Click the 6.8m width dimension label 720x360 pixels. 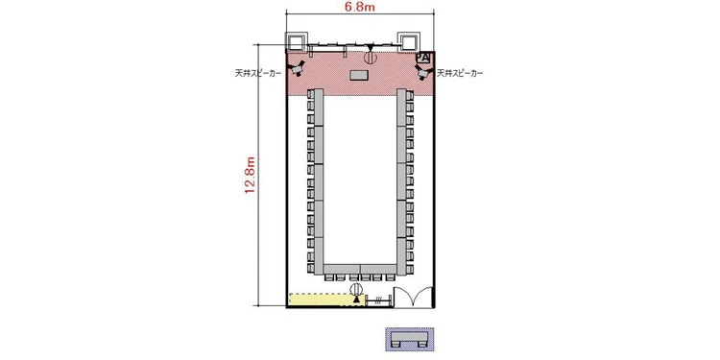coord(360,7)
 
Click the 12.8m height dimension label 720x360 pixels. coord(251,175)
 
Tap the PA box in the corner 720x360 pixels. coord(423,58)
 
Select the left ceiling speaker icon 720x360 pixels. coord(297,68)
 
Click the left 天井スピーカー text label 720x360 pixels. coord(257,73)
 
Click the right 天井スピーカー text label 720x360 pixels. coord(460,73)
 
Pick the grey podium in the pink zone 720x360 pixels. coord(359,75)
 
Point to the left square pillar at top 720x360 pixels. coord(296,42)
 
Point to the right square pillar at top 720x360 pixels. coord(407,42)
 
